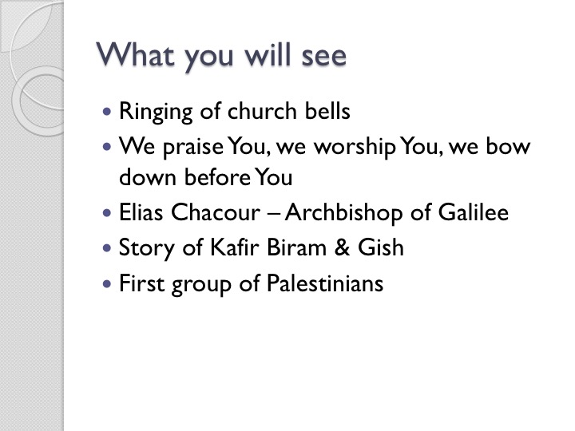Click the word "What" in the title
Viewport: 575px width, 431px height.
pos(135,54)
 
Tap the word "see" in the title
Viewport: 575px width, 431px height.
pos(323,57)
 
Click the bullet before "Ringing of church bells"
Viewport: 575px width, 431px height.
pos(107,111)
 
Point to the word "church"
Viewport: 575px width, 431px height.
pos(262,110)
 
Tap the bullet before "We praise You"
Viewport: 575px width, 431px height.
pos(107,147)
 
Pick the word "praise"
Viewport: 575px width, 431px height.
pos(193,148)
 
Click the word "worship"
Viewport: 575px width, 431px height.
pos(355,148)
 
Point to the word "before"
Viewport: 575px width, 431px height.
pos(217,177)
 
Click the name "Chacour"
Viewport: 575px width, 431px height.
pos(216,212)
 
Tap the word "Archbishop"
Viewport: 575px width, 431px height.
pos(343,213)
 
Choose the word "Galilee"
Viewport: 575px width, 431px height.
pos(474,212)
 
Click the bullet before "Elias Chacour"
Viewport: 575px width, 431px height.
pos(107,212)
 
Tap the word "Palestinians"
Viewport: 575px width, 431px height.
pos(325,283)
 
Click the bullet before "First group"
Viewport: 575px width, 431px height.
pos(107,283)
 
